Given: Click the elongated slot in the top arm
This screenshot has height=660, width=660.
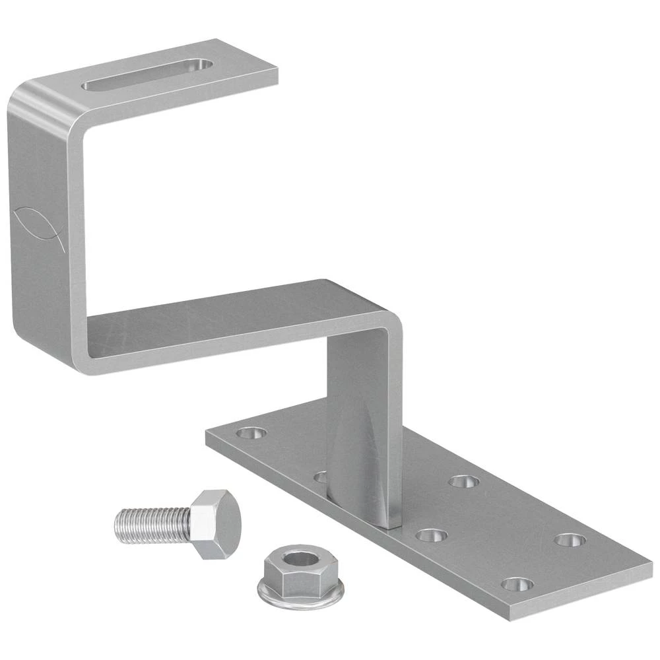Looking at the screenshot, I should click(147, 75).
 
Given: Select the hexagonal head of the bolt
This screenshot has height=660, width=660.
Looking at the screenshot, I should click(214, 524).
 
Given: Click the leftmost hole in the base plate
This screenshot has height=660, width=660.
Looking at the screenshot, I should click(251, 434).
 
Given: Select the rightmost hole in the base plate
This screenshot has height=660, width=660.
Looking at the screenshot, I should click(570, 540).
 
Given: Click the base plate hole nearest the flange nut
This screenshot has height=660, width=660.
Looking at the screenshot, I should click(432, 535).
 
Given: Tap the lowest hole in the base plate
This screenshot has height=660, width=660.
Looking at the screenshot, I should click(517, 584).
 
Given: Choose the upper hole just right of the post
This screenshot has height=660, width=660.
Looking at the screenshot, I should click(463, 481).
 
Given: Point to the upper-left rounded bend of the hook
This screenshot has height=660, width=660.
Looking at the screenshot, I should click(33, 99).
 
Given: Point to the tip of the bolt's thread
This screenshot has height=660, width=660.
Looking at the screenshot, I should click(117, 521).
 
